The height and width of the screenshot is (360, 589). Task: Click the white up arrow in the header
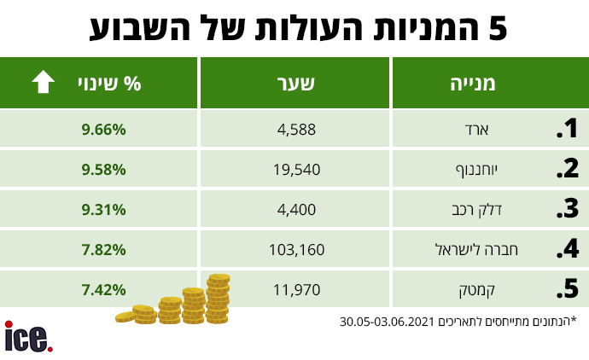pos(44,81)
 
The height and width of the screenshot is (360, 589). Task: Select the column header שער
pos(295,84)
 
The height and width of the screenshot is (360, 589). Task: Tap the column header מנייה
pos(473,84)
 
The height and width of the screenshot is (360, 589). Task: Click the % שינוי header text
pos(109,84)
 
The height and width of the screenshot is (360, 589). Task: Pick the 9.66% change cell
pos(103,130)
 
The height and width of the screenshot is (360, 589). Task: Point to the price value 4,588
pos(296,130)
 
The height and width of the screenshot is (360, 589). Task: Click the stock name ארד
pos(476,130)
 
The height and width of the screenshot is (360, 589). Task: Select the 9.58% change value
pos(103,170)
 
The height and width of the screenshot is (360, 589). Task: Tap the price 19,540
pos(296,170)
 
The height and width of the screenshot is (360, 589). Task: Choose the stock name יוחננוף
pos(476,171)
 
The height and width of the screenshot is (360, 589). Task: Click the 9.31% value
pos(103,210)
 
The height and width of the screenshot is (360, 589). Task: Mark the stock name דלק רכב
pos(476,210)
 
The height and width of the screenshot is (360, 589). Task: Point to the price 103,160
pos(296,250)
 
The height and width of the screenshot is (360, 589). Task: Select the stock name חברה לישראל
pos(476,249)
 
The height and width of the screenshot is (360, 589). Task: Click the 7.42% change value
pos(103,290)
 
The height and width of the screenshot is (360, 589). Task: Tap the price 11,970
pos(296,290)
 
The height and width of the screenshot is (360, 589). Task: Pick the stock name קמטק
pos(476,291)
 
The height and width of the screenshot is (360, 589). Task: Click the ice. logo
pos(28,336)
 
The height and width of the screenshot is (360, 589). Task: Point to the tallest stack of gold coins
pos(218,299)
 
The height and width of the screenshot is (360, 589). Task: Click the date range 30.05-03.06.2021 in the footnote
pos(387,322)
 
